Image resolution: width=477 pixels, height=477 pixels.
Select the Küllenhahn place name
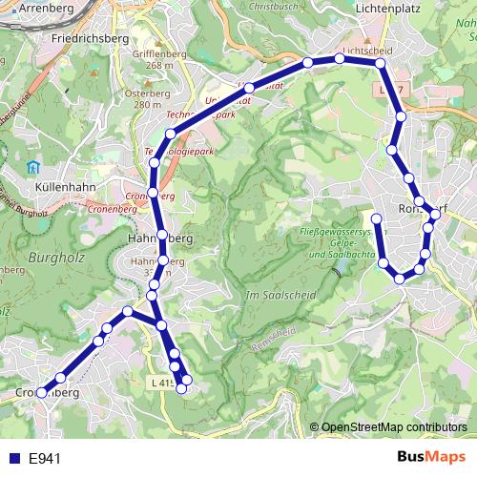61,188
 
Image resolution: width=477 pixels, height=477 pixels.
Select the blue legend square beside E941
13,459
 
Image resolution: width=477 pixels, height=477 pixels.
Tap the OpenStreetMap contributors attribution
394,427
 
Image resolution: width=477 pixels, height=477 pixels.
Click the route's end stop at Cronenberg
41,393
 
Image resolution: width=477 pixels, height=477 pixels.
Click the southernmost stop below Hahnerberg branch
183,386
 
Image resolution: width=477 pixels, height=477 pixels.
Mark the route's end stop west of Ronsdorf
376,219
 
